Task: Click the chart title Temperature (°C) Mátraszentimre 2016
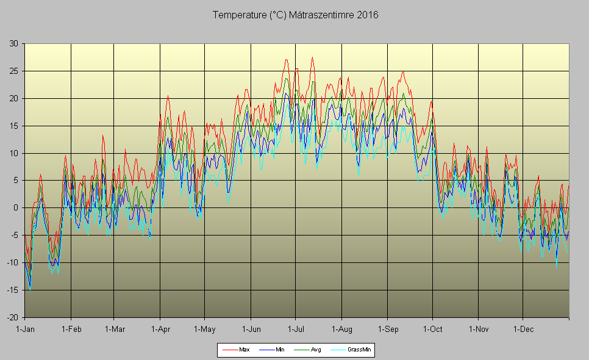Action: (295, 15)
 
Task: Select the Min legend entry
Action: (280, 350)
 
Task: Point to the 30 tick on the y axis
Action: (13, 43)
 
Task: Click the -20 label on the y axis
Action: (12, 317)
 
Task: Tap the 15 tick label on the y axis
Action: (13, 126)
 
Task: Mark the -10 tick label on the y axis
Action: (12, 263)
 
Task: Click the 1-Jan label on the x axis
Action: (25, 329)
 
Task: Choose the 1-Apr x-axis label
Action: (160, 329)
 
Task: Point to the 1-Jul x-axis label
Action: (296, 329)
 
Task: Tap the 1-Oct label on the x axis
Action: (432, 329)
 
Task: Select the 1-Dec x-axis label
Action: (523, 329)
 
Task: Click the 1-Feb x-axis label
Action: (71, 329)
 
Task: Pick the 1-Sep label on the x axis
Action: (388, 329)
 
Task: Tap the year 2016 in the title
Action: (368, 15)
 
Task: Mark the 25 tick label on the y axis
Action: (13, 71)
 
